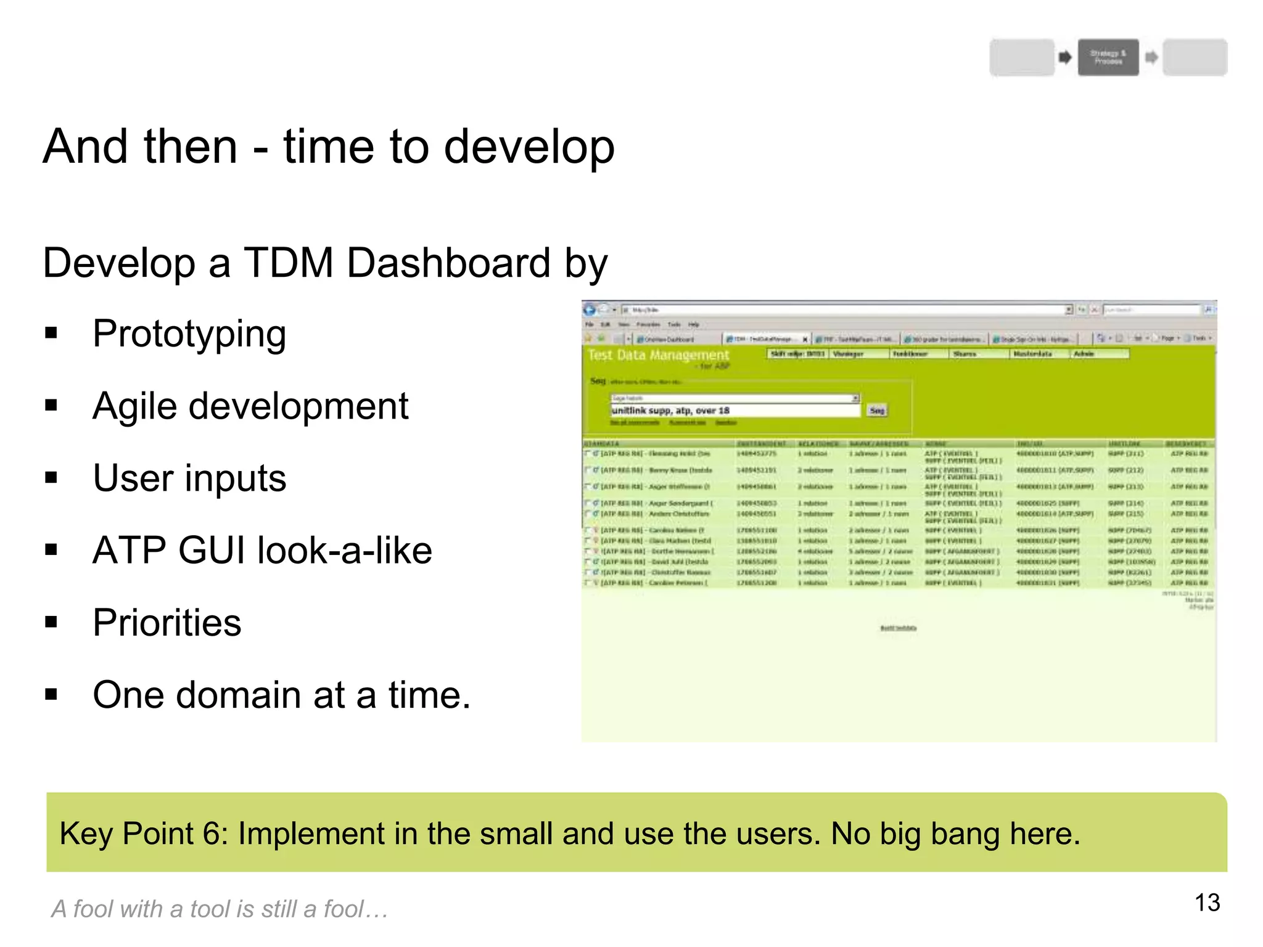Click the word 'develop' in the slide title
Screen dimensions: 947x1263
coord(529,148)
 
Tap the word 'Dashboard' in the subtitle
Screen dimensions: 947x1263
coord(448,263)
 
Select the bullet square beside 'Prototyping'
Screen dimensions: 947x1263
coord(51,334)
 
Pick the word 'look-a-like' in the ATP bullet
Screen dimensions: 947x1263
coord(345,550)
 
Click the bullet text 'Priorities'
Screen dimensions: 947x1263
coord(167,622)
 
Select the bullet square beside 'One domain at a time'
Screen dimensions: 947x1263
coord(51,695)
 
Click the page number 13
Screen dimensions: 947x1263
coord(1207,903)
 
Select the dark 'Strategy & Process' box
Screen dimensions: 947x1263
coord(1108,57)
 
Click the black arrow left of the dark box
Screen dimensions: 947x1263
coord(1065,57)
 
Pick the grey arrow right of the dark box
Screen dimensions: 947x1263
coord(1151,57)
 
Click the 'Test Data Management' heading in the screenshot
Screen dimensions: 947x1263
coord(658,355)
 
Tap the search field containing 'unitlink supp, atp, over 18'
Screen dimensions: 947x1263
coord(734,411)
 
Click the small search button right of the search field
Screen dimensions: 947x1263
coord(877,411)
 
